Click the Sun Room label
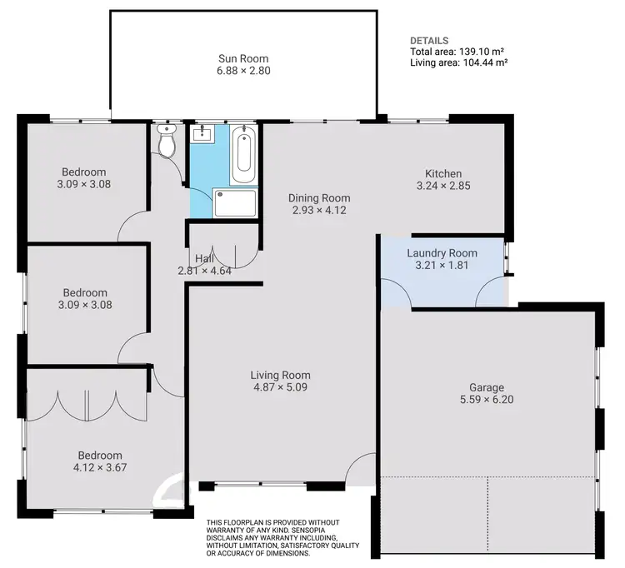[x=243, y=58]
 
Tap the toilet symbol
[x=167, y=143]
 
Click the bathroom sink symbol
[x=202, y=134]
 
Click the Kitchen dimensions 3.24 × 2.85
[x=443, y=187]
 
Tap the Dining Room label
[x=319, y=198]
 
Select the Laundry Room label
[x=442, y=253]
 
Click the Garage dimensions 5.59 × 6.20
[x=487, y=400]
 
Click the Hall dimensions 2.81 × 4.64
[x=204, y=271]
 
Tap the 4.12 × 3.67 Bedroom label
[x=100, y=468]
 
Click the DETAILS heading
[x=429, y=40]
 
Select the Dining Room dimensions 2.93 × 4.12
[x=319, y=211]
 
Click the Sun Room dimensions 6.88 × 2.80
[x=243, y=71]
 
